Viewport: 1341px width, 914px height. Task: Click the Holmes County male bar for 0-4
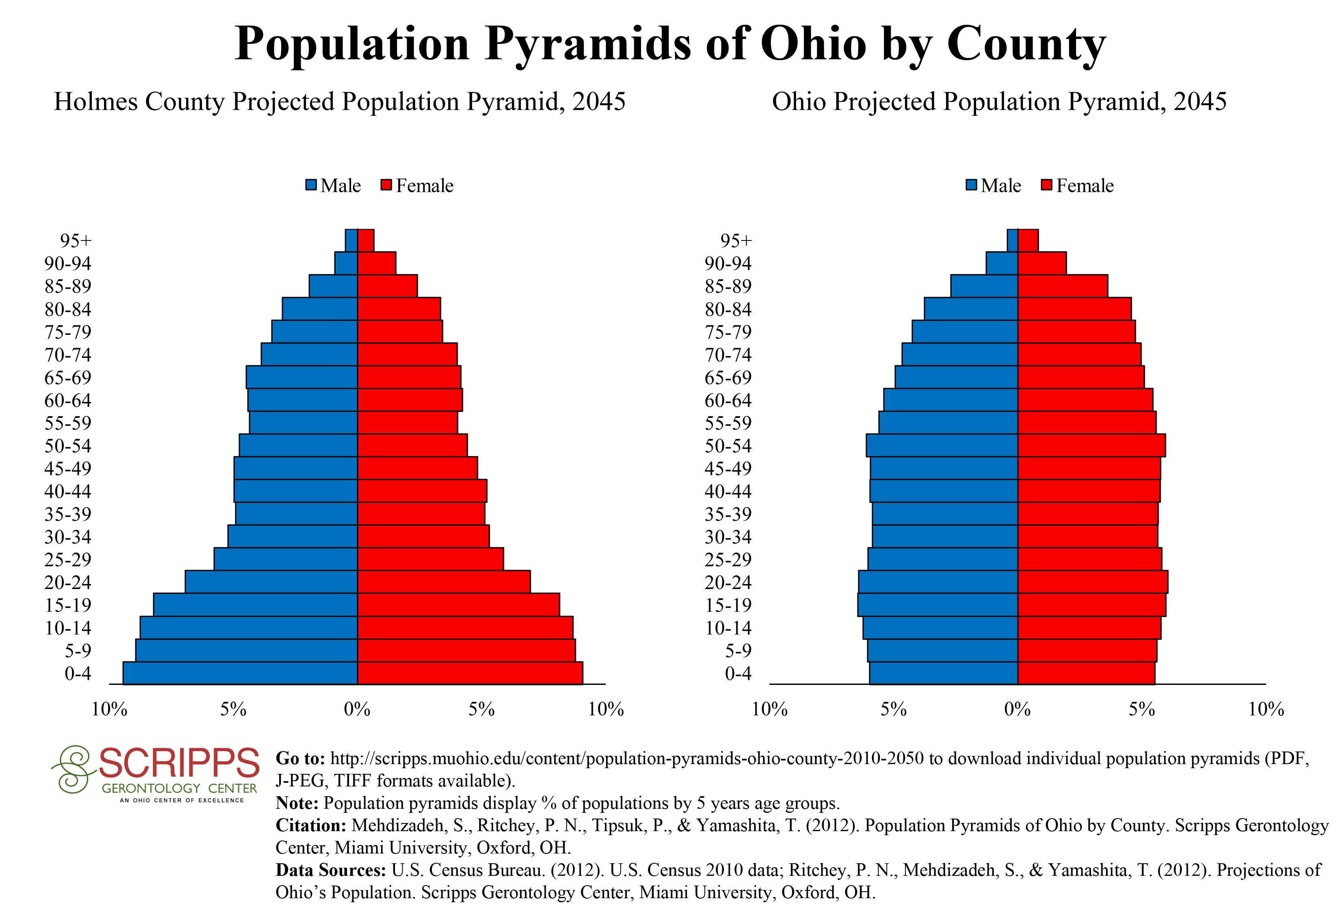click(x=240, y=673)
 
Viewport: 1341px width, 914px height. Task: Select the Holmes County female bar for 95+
click(x=365, y=240)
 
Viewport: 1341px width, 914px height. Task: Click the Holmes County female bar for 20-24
click(x=444, y=582)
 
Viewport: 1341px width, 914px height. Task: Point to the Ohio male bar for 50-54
click(x=942, y=446)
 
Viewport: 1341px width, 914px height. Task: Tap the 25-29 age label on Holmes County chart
click(x=68, y=559)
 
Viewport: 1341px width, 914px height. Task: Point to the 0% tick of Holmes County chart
click(x=357, y=709)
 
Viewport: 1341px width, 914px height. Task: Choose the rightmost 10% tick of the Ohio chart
click(x=1266, y=709)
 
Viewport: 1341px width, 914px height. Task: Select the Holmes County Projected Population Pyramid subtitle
click(x=339, y=102)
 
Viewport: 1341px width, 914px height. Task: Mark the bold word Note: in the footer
click(x=297, y=803)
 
